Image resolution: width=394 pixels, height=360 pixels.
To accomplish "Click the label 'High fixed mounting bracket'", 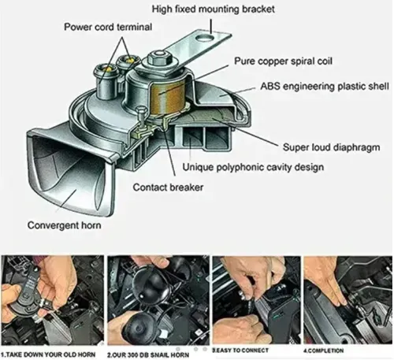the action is tap(214, 9).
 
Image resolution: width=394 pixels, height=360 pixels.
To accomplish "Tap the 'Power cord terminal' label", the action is tap(108, 27).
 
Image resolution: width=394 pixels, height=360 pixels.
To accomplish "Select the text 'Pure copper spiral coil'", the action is tap(283, 61).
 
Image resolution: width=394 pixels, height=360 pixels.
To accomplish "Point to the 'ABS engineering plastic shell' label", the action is tap(325, 86).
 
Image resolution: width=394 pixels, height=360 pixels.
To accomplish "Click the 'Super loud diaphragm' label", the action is tap(332, 147).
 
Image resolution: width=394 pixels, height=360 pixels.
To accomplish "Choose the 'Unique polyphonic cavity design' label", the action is tap(253, 167).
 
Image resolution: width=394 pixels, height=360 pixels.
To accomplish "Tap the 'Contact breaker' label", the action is tap(168, 187).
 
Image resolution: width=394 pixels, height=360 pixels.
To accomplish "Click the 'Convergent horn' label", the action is tap(65, 225).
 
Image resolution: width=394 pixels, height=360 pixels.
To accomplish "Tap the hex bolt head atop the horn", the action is tap(159, 58).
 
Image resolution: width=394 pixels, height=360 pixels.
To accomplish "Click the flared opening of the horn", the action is tap(71, 175).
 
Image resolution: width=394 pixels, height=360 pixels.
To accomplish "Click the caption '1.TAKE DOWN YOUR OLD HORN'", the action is tap(48, 354).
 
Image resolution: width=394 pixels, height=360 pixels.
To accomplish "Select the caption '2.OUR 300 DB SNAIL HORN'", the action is tap(148, 355).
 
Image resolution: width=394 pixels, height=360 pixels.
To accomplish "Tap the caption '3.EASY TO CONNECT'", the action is tap(240, 351).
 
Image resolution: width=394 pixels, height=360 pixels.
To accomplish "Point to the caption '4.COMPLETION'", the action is tap(324, 351).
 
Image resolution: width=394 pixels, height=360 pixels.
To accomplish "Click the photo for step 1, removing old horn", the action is tap(53, 301).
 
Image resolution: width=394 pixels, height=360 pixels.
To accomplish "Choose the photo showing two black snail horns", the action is tap(158, 301).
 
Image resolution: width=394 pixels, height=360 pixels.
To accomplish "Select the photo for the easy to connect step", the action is tap(256, 300).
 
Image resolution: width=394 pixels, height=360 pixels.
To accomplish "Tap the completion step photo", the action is tap(348, 300).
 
